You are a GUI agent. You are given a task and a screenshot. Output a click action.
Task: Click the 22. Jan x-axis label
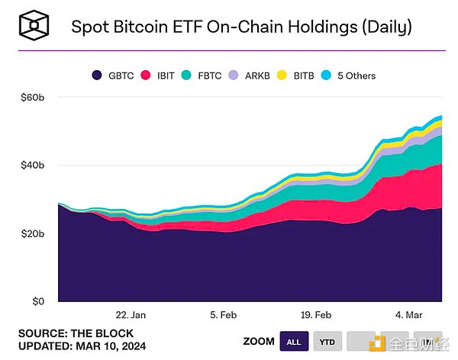pyautogui.click(x=131, y=314)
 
